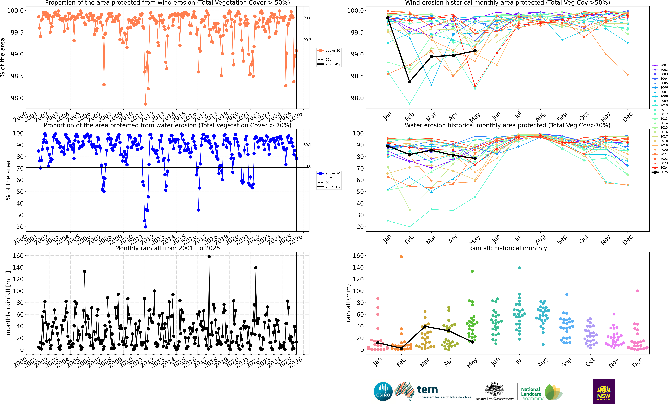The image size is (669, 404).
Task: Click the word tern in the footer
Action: coord(427,390)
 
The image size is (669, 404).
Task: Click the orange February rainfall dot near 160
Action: coord(401,256)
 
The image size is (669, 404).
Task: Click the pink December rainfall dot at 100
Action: coord(638,291)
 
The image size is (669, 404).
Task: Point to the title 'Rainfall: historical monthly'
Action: coord(507,248)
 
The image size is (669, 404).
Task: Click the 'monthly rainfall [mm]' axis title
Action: coord(8,303)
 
